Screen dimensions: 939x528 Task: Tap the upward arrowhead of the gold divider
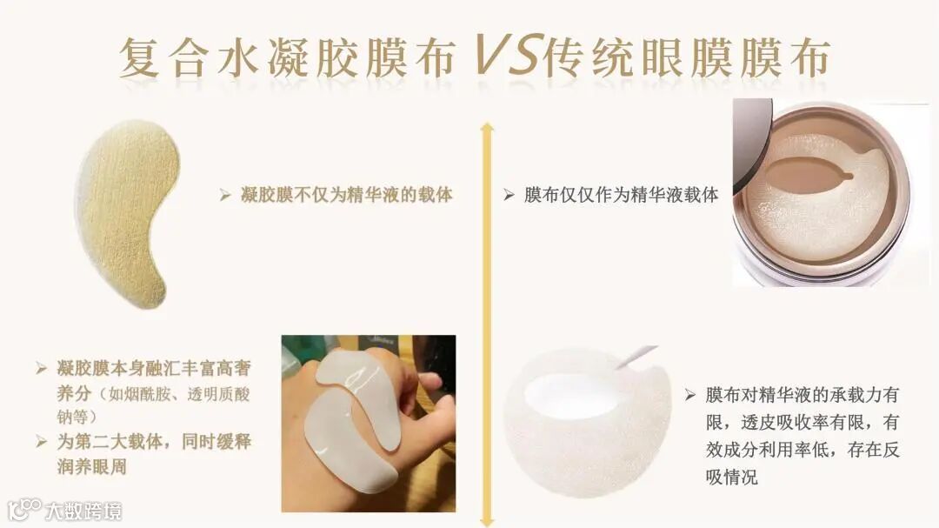487,128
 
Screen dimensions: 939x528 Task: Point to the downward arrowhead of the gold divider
487,521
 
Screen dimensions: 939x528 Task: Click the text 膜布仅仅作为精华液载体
621,195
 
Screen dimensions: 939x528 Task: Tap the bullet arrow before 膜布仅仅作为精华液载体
509,195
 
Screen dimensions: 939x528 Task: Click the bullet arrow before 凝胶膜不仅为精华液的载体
225,195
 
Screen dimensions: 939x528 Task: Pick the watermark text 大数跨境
83,511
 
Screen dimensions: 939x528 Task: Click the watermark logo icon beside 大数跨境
24,510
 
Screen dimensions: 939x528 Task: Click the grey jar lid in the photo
751,144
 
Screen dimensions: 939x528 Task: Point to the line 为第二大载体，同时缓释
154,442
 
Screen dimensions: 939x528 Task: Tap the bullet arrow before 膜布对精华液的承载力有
690,395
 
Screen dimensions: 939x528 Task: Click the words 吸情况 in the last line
732,477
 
